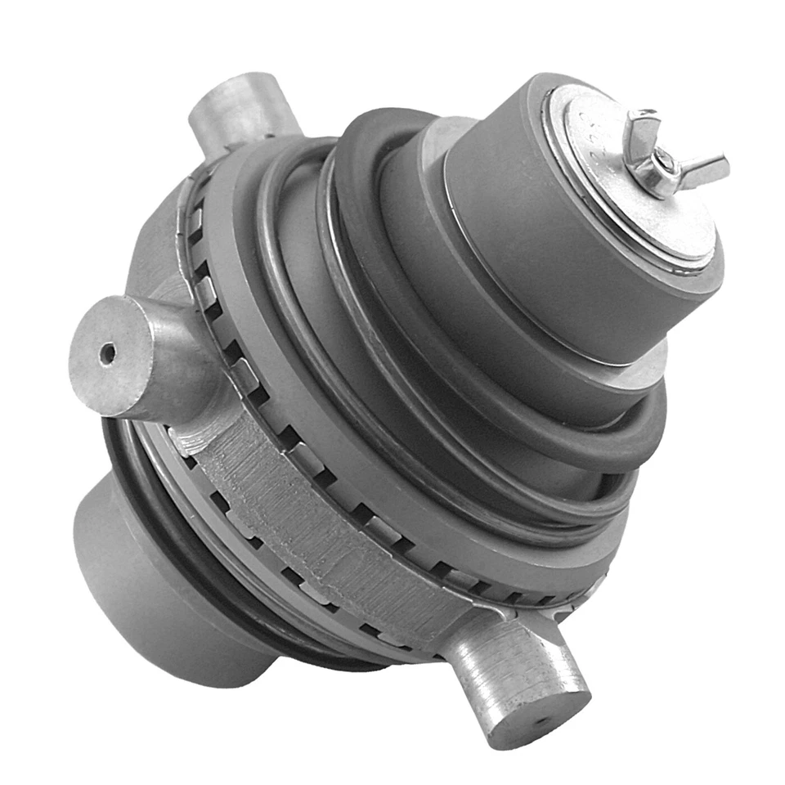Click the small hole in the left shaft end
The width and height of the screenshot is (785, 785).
106,354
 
